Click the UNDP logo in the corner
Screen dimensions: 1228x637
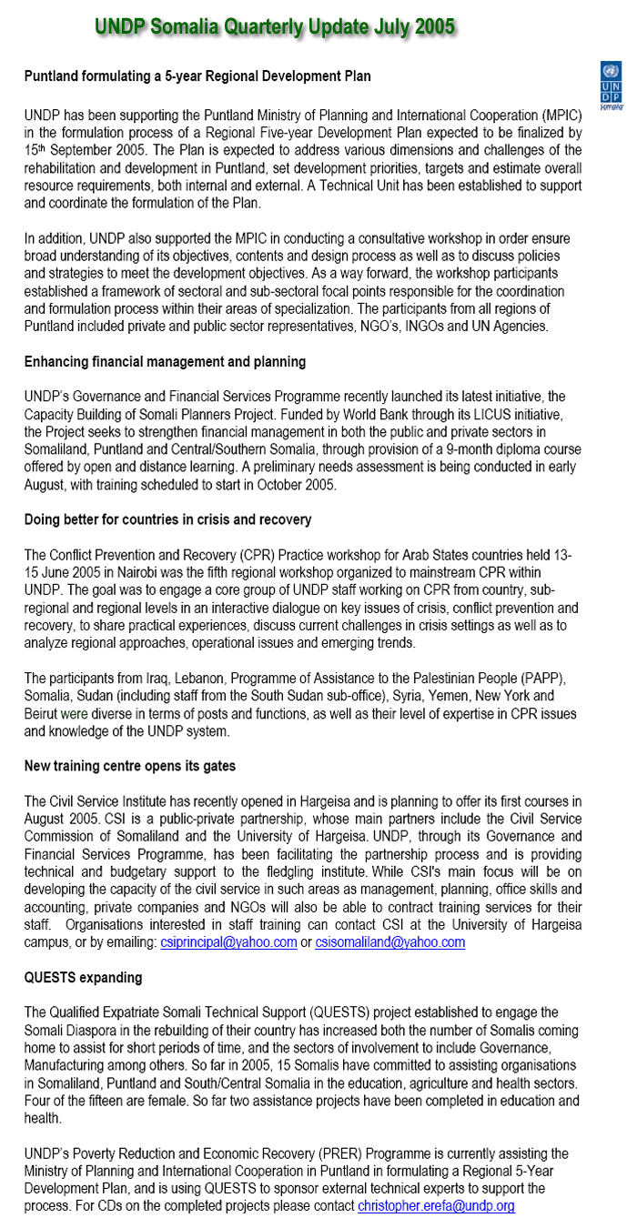coord(612,85)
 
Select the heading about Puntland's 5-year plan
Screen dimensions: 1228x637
coord(197,76)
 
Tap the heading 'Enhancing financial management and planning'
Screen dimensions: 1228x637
coord(165,362)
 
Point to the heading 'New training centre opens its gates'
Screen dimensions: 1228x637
coord(129,766)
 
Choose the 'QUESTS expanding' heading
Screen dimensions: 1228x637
coord(83,978)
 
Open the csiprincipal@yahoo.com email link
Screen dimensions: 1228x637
coord(228,942)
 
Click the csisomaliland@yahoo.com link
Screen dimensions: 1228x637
coord(389,942)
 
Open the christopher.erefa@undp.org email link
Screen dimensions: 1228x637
coord(436,1206)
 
